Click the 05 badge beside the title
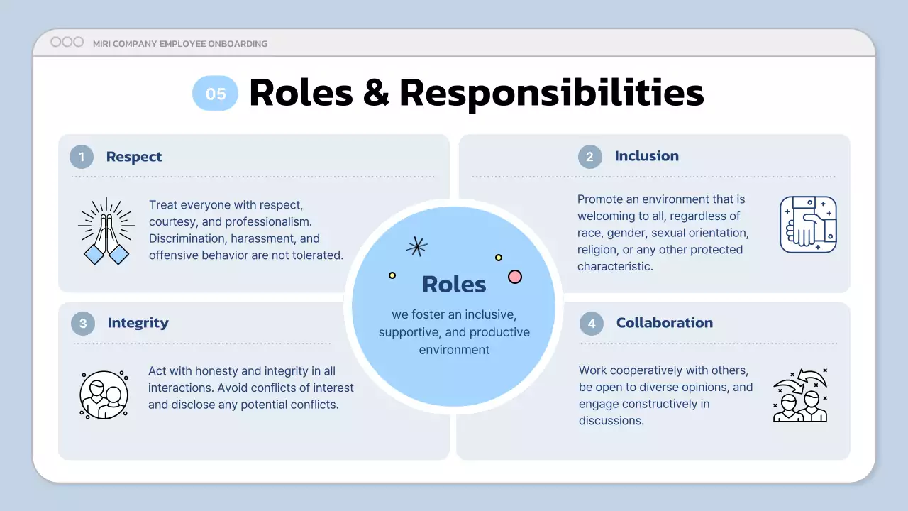(x=215, y=94)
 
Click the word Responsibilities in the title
(x=551, y=93)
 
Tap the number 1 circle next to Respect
(x=82, y=157)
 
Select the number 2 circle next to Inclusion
(x=589, y=157)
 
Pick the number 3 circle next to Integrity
(x=83, y=324)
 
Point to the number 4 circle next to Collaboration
(x=592, y=324)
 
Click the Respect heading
(x=134, y=157)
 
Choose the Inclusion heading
(x=646, y=156)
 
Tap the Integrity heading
(x=138, y=323)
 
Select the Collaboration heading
(x=664, y=323)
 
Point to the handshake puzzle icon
(x=808, y=225)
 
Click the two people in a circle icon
(x=104, y=394)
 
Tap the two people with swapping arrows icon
(x=800, y=395)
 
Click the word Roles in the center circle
(x=454, y=284)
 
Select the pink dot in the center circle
(x=515, y=277)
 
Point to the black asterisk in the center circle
(x=416, y=246)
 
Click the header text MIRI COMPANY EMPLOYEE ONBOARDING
(x=180, y=44)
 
